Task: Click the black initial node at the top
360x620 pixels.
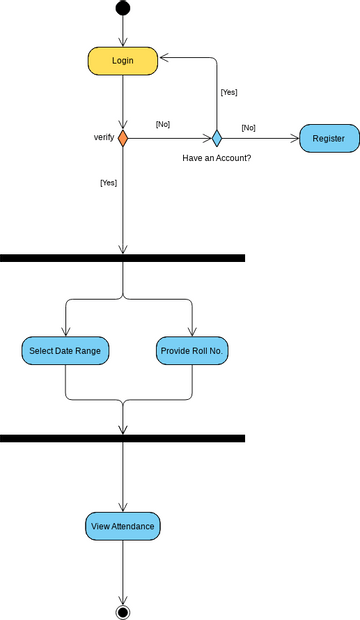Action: click(x=123, y=9)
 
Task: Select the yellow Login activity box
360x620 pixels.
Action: click(x=123, y=61)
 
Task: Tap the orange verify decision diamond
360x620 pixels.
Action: click(x=123, y=138)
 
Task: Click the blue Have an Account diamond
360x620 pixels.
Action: click(x=216, y=138)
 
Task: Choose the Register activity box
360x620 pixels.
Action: click(x=328, y=138)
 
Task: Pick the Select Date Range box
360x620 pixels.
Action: click(x=65, y=351)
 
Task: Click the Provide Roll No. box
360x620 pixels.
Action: click(x=193, y=351)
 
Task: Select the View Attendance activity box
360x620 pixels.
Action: click(x=123, y=526)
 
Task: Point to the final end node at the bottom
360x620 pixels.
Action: click(x=123, y=610)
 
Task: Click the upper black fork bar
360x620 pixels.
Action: click(x=122, y=258)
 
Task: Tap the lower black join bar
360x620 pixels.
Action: click(x=122, y=438)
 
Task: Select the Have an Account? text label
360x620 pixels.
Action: click(x=216, y=158)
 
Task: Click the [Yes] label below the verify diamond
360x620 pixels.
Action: click(x=108, y=183)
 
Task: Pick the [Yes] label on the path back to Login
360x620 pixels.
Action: click(x=229, y=92)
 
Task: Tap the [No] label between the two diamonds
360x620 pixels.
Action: click(x=162, y=124)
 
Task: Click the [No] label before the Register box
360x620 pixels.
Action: click(x=248, y=128)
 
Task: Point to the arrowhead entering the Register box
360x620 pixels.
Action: click(x=295, y=138)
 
